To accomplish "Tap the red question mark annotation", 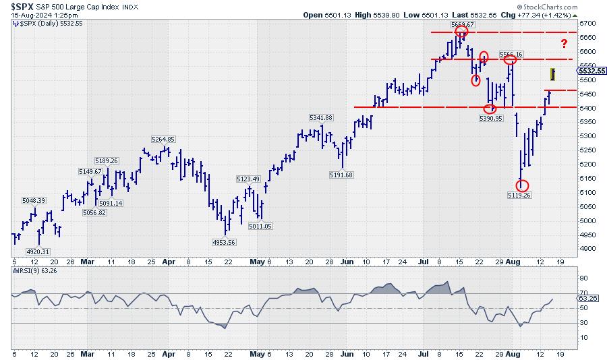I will pyautogui.click(x=563, y=44).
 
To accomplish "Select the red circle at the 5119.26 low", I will pyautogui.click(x=522, y=185).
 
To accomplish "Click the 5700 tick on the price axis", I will pyautogui.click(x=586, y=24).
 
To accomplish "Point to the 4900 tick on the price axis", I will pyautogui.click(x=586, y=249).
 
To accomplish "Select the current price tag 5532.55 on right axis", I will pyautogui.click(x=591, y=71).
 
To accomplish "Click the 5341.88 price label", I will pyautogui.click(x=320, y=117).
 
